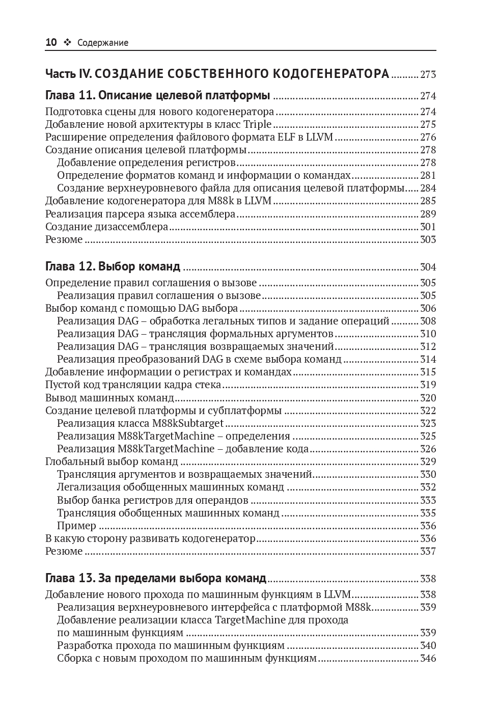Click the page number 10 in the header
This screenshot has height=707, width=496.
tap(51, 43)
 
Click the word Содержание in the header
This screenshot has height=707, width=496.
tap(103, 43)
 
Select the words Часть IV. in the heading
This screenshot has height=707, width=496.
tap(68, 74)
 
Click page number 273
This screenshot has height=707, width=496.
tap(428, 75)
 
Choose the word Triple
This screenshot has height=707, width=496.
tap(258, 125)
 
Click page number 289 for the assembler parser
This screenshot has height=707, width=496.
tap(428, 214)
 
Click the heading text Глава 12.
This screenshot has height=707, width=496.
tap(69, 266)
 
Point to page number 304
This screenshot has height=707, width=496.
tap(428, 267)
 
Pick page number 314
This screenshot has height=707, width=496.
tap(428, 360)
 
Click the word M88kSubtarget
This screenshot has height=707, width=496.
tap(188, 424)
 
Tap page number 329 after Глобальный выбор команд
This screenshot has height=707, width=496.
tap(428, 462)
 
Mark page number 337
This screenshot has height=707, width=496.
tap(428, 552)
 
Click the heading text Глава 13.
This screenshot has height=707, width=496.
tap(69, 578)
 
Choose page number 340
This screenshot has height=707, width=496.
tap(428, 646)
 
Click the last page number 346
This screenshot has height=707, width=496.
tap(428, 659)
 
